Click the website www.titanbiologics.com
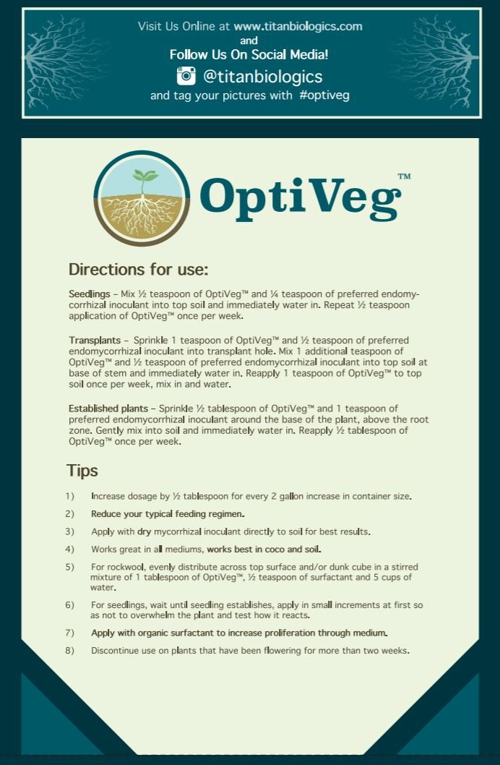(x=298, y=27)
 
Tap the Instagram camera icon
(x=186, y=76)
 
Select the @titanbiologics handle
(x=263, y=76)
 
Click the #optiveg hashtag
(x=324, y=95)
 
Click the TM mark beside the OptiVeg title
(x=404, y=176)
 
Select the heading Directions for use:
(x=138, y=270)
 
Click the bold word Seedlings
(x=89, y=295)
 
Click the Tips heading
(x=82, y=471)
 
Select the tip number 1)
(x=69, y=497)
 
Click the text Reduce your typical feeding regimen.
(x=168, y=514)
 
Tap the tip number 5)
(x=69, y=567)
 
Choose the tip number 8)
(x=69, y=651)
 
